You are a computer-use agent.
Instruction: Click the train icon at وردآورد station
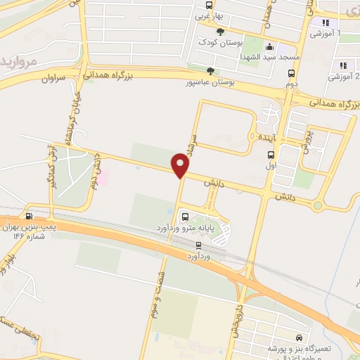pos(198,245)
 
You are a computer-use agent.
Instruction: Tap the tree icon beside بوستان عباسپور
pos(210,70)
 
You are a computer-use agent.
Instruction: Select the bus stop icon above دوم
pos(291,72)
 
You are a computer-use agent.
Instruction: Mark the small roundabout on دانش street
pos(317,206)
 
